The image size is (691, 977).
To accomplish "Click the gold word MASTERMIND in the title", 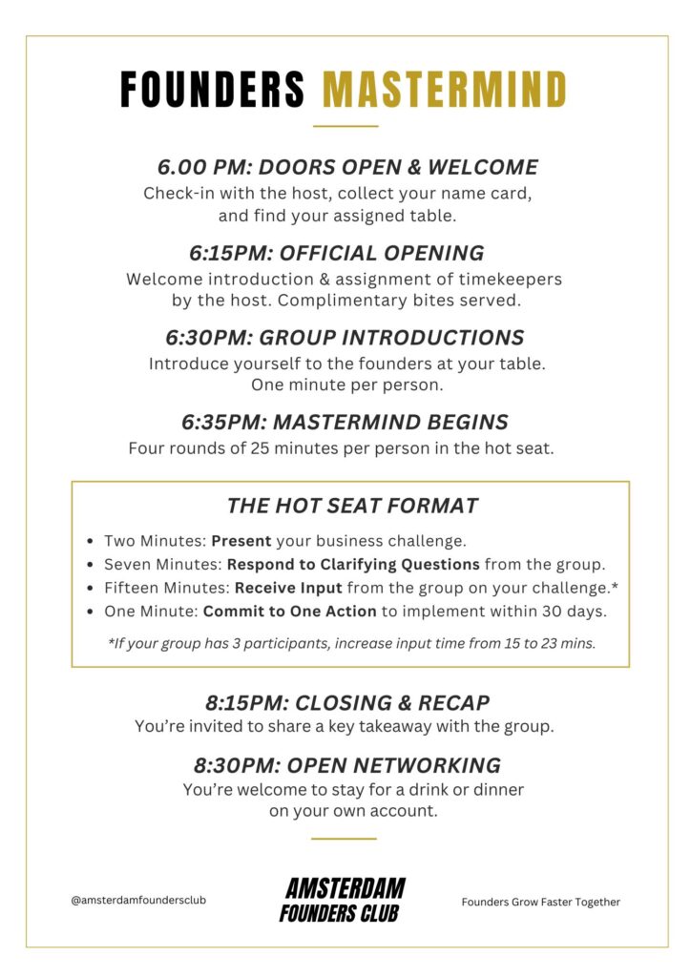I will point(445,90).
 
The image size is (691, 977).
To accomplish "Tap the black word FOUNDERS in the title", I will point(213,90).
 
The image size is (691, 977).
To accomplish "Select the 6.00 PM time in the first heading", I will point(202,168).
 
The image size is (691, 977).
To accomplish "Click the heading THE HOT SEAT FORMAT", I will point(352,506).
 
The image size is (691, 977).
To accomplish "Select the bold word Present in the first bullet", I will point(241,540).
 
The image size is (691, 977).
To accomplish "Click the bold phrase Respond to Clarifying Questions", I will point(353,564).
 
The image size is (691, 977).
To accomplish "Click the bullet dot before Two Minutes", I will point(90,541).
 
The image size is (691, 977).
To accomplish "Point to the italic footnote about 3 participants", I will point(351,643).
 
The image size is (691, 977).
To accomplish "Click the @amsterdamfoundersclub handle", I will point(138,900).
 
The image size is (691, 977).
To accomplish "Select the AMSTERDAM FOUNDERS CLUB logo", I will point(345,900).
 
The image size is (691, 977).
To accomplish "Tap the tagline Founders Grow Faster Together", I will point(540,902).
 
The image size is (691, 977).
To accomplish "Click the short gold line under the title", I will point(345,126).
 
